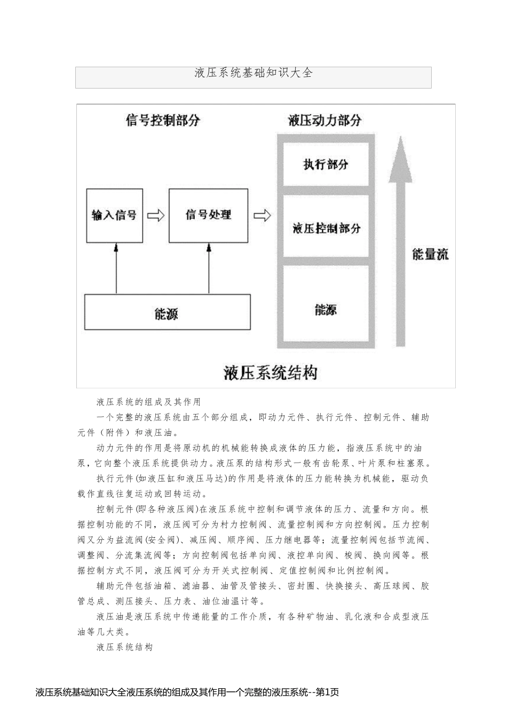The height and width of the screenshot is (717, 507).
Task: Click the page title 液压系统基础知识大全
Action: (253, 73)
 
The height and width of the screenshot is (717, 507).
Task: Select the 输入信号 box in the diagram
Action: (114, 216)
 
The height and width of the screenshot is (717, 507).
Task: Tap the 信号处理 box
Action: (208, 216)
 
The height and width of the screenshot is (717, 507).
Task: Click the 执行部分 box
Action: (326, 164)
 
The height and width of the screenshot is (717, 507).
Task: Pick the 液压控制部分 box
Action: (326, 228)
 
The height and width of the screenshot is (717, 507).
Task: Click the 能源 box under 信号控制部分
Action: (167, 312)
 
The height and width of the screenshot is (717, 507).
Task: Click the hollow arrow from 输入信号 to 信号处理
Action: (156, 216)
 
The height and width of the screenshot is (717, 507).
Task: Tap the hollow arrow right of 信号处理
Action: (262, 216)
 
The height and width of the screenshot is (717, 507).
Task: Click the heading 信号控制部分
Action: (163, 120)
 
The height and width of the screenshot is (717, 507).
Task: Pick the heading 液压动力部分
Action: (324, 120)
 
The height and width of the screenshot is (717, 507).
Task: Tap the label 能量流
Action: (430, 254)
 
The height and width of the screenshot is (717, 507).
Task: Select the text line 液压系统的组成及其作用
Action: (148, 402)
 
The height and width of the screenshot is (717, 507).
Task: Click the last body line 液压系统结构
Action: (124, 647)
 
